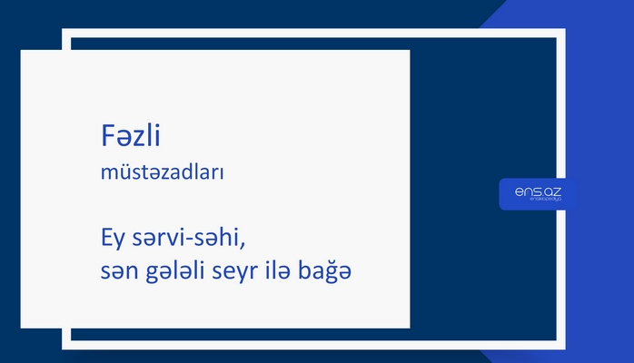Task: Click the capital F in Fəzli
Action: tap(107, 137)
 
